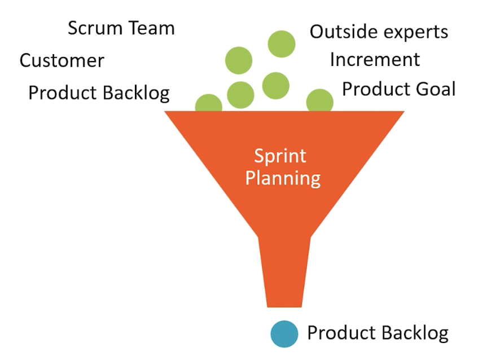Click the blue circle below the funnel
click(x=284, y=334)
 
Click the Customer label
click(x=62, y=60)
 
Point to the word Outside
click(x=344, y=32)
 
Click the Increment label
click(x=375, y=59)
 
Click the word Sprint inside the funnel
click(x=280, y=156)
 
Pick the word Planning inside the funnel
click(x=283, y=178)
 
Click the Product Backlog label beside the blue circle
click(x=378, y=333)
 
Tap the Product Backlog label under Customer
click(x=99, y=93)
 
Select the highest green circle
click(x=282, y=44)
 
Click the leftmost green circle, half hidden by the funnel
click(x=209, y=103)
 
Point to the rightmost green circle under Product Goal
click(x=320, y=100)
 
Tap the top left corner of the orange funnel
click(x=164, y=111)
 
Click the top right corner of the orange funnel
click(x=404, y=111)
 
